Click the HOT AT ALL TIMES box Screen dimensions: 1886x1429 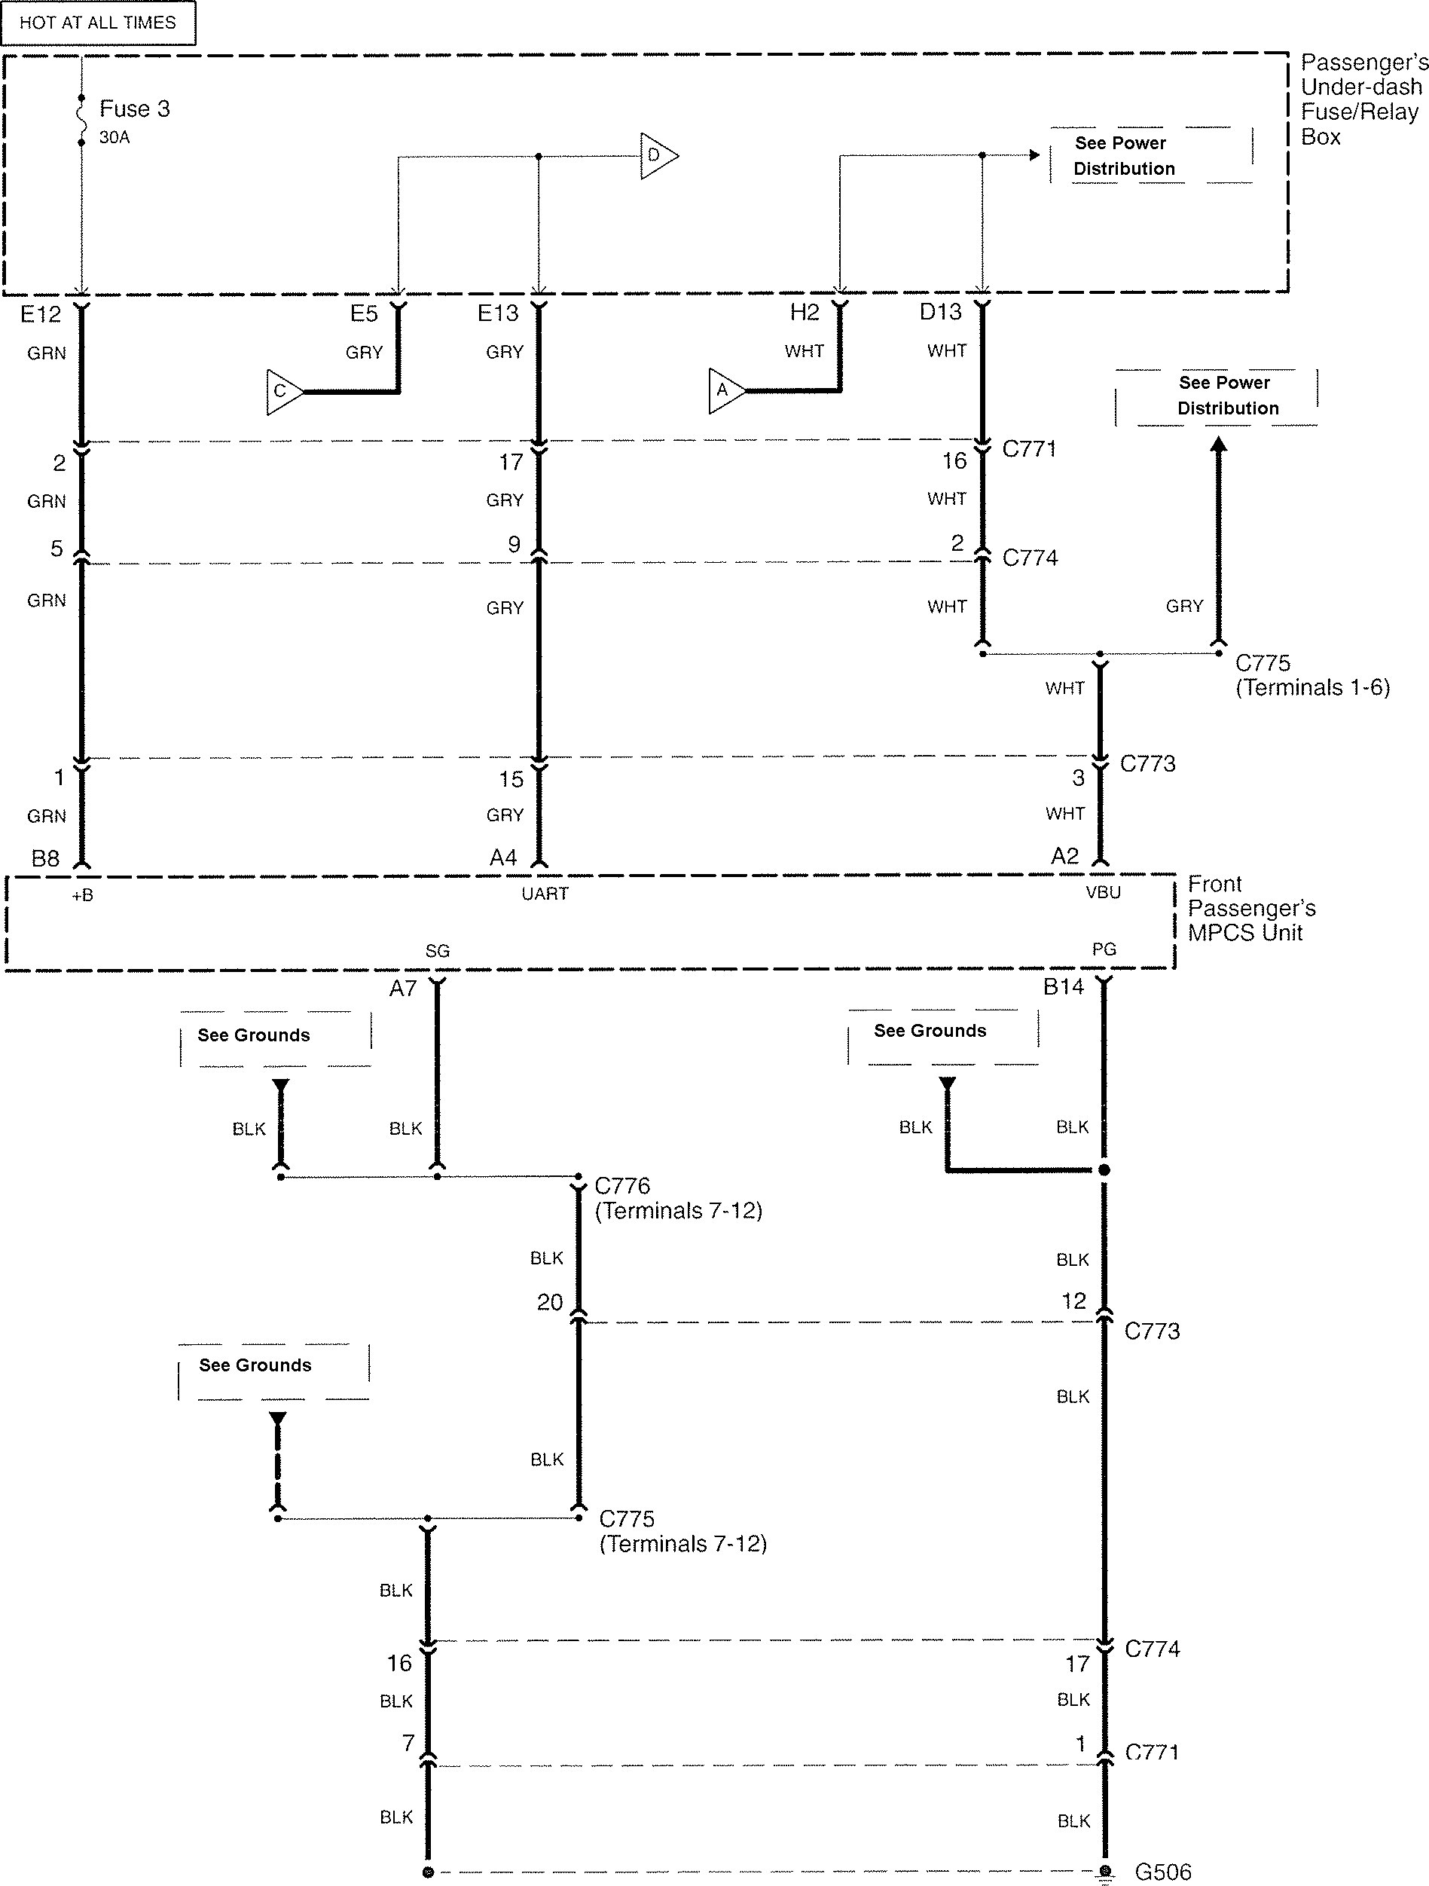coord(97,23)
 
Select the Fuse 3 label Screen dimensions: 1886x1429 coord(134,109)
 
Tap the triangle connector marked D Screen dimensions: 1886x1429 coord(657,155)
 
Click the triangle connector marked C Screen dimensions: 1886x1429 coord(283,391)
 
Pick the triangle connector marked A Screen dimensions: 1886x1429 coord(725,390)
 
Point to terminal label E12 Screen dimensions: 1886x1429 coord(41,315)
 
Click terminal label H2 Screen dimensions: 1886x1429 coord(804,313)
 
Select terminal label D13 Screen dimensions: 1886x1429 coord(939,312)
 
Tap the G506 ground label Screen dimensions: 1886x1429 coord(1163,1872)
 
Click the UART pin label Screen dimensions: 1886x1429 coord(545,894)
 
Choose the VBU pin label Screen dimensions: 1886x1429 coord(1104,893)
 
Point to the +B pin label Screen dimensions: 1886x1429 coord(83,895)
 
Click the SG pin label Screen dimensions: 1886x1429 coord(438,951)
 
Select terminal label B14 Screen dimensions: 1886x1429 coord(1063,987)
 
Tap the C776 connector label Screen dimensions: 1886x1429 coord(622,1186)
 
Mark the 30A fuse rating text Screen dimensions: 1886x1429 coord(115,137)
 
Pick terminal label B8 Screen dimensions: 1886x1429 coord(45,858)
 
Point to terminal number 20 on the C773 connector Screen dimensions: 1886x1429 coord(550,1302)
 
